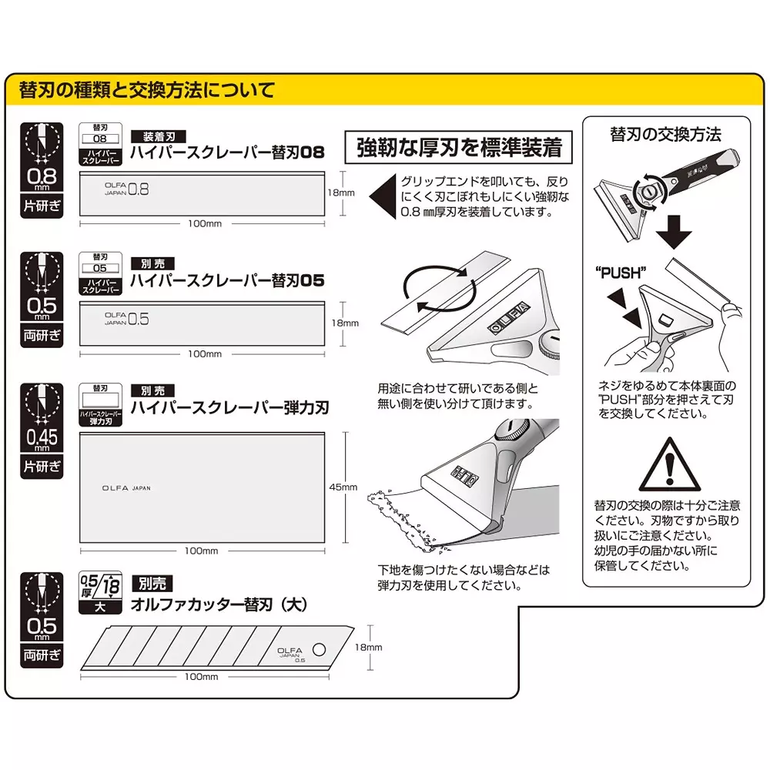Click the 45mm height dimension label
344,487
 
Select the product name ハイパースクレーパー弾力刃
229,407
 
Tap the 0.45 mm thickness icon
41,430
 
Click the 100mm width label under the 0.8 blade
204,223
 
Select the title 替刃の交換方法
665,135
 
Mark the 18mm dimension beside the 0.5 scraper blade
344,323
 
